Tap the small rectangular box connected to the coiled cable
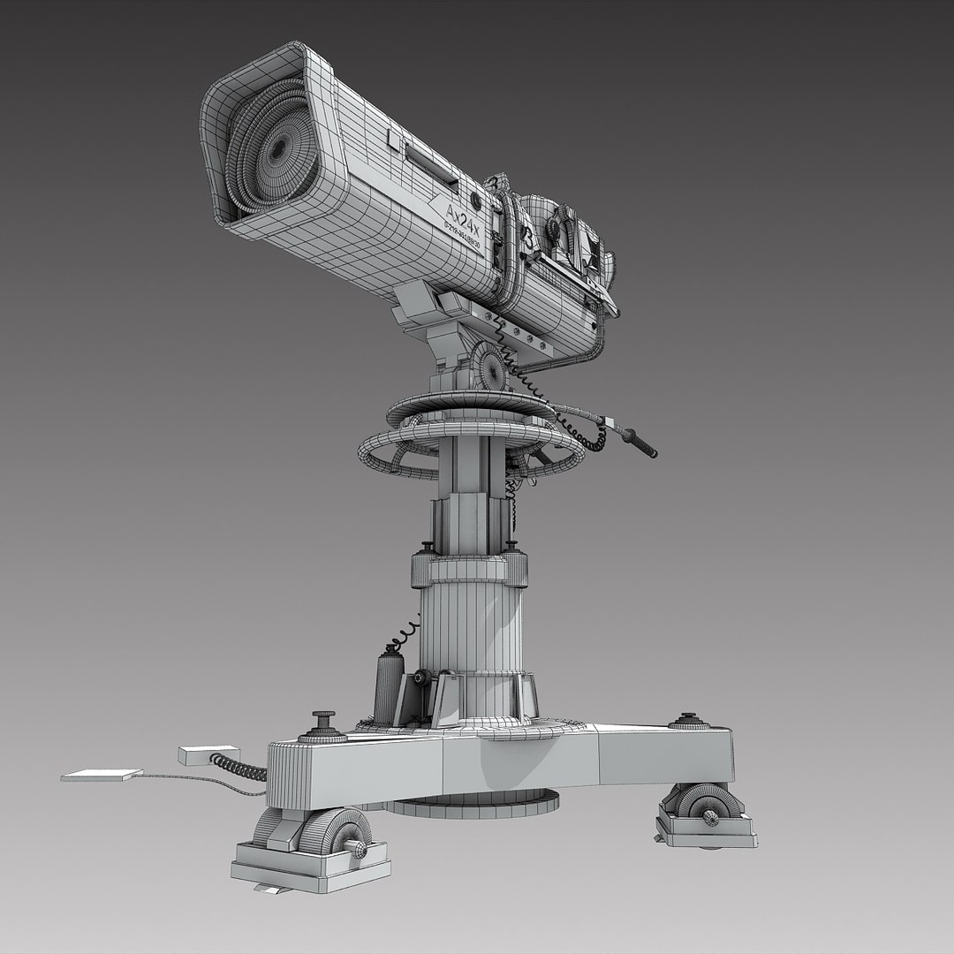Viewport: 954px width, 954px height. (196, 755)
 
